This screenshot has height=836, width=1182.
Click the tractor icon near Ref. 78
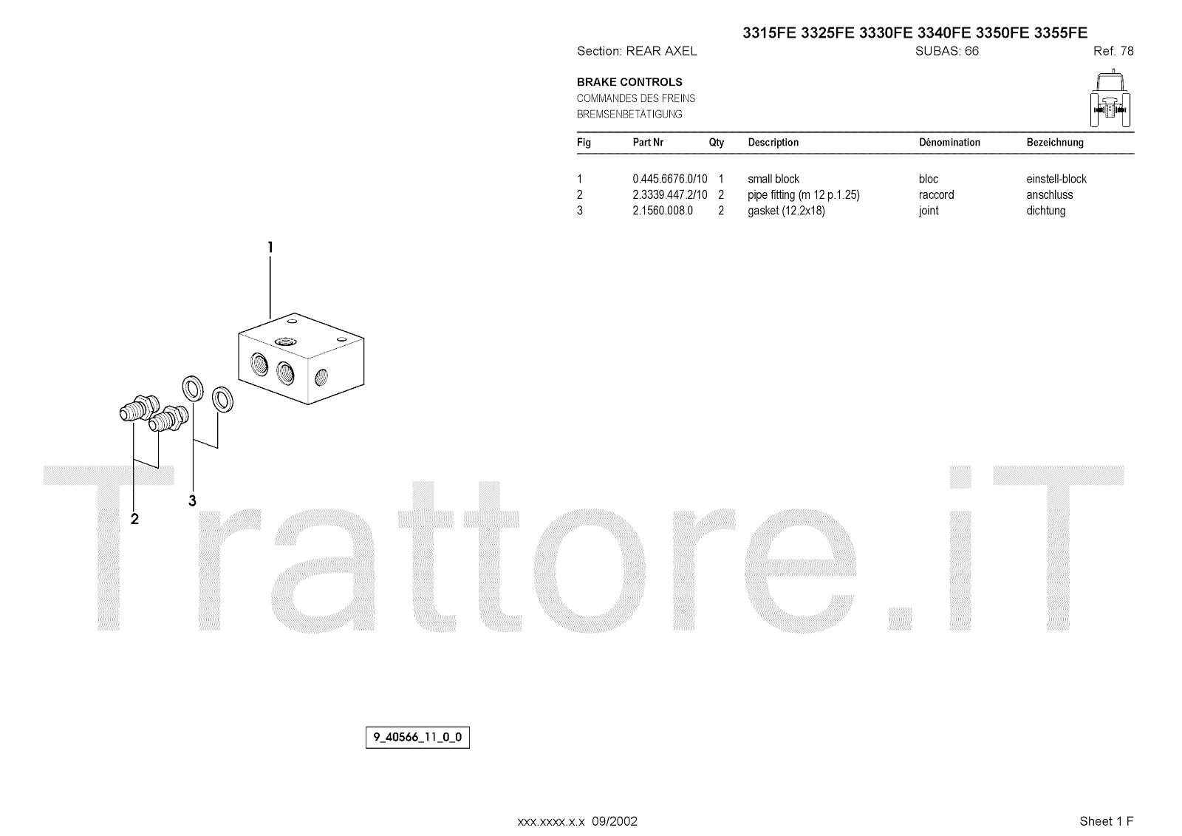click(x=1112, y=100)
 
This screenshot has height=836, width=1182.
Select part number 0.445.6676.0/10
click(x=669, y=179)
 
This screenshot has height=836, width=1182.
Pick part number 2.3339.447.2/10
click(x=669, y=195)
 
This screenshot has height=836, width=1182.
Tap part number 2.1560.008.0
click(x=663, y=211)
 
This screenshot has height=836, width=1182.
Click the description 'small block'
click(x=773, y=179)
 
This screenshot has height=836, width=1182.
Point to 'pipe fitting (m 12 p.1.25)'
click(x=804, y=195)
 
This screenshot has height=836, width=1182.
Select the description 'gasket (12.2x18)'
click(x=786, y=211)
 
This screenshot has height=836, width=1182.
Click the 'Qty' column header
click(x=717, y=143)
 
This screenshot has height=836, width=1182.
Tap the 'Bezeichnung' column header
click(x=1055, y=143)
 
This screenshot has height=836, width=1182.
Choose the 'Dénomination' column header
click(x=949, y=143)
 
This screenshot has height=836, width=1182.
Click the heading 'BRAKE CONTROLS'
click(x=629, y=82)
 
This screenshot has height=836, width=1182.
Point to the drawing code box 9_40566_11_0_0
click(x=417, y=738)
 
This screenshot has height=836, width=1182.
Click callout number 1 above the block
click(x=270, y=248)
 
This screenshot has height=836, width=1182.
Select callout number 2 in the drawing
click(x=134, y=520)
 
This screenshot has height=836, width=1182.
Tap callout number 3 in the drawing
click(x=192, y=501)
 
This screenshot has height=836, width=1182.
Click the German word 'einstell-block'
click(x=1056, y=179)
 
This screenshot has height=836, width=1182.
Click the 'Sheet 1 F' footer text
click(x=1106, y=821)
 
